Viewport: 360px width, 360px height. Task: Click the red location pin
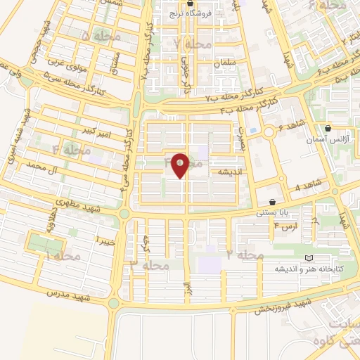coord(180,165)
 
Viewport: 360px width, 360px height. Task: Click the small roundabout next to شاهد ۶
coord(269,131)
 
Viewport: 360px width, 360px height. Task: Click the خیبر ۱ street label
coord(103,240)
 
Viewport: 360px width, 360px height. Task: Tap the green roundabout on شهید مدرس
coord(115,304)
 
